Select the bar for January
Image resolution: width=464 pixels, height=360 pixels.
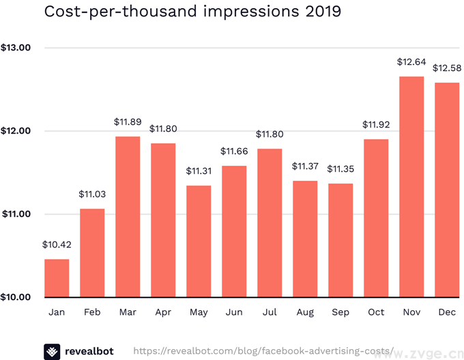[x=57, y=278]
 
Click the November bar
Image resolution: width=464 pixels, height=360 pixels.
[x=411, y=187]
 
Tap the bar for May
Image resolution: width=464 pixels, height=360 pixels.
[x=199, y=241]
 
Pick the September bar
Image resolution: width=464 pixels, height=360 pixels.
[x=340, y=240]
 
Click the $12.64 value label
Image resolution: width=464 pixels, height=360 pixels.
[x=411, y=62]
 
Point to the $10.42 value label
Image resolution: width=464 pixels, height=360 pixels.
[x=57, y=244]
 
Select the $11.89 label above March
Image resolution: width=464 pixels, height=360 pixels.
[x=128, y=122]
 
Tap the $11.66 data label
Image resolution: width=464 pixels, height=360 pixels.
[x=234, y=151]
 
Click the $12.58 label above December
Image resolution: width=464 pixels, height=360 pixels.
[x=446, y=67]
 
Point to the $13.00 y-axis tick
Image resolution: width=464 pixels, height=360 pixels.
[x=16, y=48]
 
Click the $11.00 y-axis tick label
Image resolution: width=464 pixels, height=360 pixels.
[x=16, y=214]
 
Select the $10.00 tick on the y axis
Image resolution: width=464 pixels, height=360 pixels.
[x=16, y=297]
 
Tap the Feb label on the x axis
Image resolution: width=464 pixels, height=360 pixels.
[x=92, y=312]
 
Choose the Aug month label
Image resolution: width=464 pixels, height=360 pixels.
[x=305, y=312]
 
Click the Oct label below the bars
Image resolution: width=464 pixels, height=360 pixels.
[x=376, y=312]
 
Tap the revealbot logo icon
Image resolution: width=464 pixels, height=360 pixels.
[x=52, y=351]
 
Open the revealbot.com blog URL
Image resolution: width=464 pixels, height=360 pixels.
[x=263, y=351]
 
